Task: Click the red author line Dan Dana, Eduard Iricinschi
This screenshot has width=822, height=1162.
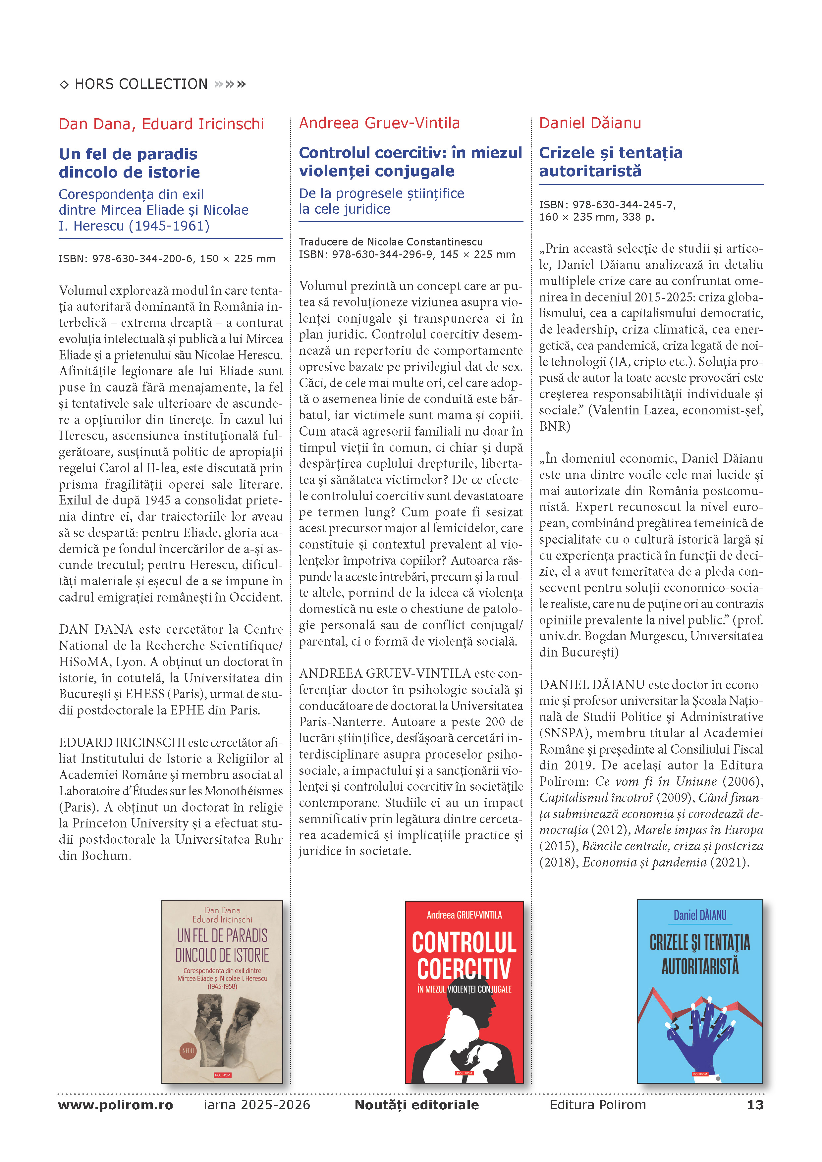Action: pyautogui.click(x=161, y=124)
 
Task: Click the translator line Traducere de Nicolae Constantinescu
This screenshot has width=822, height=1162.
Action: pyautogui.click(x=390, y=242)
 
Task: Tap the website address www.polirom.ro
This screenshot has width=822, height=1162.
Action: pyautogui.click(x=115, y=1105)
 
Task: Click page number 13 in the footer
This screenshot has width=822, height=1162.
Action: pyautogui.click(x=755, y=1105)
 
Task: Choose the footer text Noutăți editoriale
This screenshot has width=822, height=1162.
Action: pyautogui.click(x=416, y=1105)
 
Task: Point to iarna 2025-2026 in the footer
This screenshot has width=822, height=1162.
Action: pyautogui.click(x=257, y=1105)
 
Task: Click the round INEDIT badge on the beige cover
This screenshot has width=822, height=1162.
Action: pyautogui.click(x=187, y=1051)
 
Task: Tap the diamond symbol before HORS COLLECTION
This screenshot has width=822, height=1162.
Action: pyautogui.click(x=64, y=84)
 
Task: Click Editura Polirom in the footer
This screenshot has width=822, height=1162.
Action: pyautogui.click(x=597, y=1105)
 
